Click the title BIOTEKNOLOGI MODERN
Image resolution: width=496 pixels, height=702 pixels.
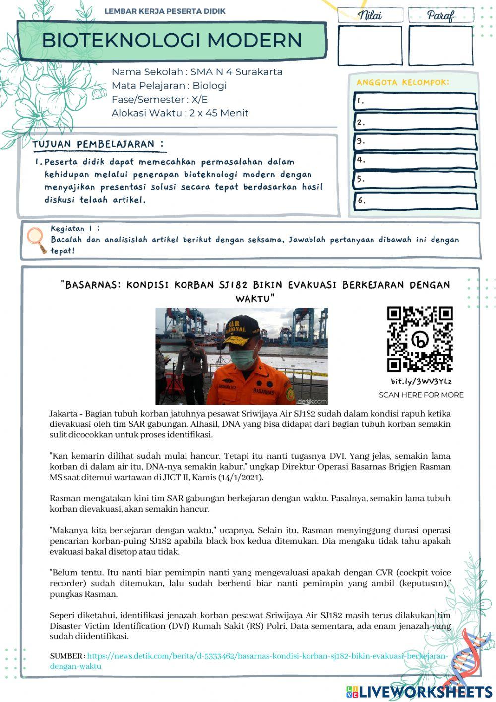point(172,40)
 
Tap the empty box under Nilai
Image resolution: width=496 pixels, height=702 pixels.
point(370,45)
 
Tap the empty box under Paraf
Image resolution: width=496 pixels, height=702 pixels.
point(440,45)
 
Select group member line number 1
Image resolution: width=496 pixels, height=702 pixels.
point(416,101)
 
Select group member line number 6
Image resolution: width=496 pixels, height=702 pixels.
point(416,201)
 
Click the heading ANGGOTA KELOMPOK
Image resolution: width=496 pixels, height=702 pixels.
point(403,82)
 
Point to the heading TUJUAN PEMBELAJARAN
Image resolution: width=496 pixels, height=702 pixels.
point(98,144)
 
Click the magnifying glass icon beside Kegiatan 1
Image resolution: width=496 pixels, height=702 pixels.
point(35,239)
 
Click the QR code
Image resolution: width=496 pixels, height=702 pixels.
point(420,339)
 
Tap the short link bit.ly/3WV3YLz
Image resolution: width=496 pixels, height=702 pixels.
point(421,381)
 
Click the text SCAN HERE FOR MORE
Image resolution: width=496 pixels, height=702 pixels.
point(421,395)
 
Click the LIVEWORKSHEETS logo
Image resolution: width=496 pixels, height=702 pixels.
point(419,691)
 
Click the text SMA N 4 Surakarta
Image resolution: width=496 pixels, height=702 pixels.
point(236,72)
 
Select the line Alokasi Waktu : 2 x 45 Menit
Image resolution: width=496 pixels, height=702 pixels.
point(180,113)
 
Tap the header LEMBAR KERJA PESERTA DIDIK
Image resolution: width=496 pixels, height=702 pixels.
point(165,11)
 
